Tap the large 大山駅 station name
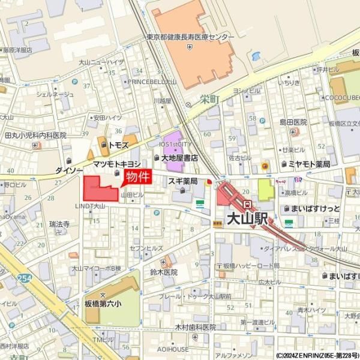(x=246, y=219)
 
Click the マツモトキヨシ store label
(x=116, y=164)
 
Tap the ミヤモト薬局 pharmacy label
(x=309, y=164)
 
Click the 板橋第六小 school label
(x=103, y=304)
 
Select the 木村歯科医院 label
(x=195, y=327)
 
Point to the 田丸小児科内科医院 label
(x=35, y=136)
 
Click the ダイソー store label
(x=68, y=170)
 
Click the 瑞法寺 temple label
(x=59, y=224)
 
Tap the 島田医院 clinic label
(x=293, y=122)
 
